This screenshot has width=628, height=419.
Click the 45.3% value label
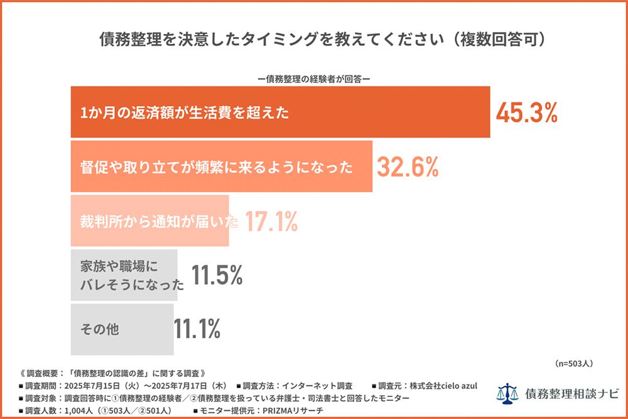(527, 113)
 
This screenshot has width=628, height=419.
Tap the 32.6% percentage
(408, 167)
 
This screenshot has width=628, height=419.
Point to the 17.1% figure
(271, 221)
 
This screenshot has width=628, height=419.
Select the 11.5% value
(217, 275)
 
